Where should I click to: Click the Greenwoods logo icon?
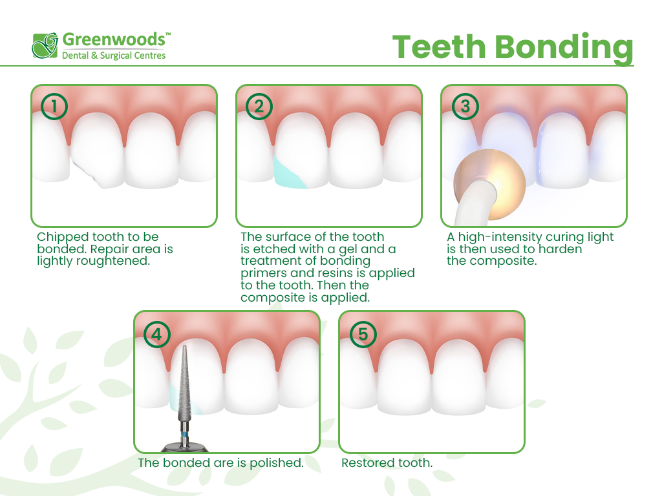[x=45, y=45]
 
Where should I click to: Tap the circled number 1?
[x=54, y=106]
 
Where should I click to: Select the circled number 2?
[x=259, y=106]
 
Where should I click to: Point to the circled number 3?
[x=464, y=106]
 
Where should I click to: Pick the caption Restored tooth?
[x=387, y=462]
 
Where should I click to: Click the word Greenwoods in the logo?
[x=114, y=39]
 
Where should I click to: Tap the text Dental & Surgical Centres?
[x=114, y=56]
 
